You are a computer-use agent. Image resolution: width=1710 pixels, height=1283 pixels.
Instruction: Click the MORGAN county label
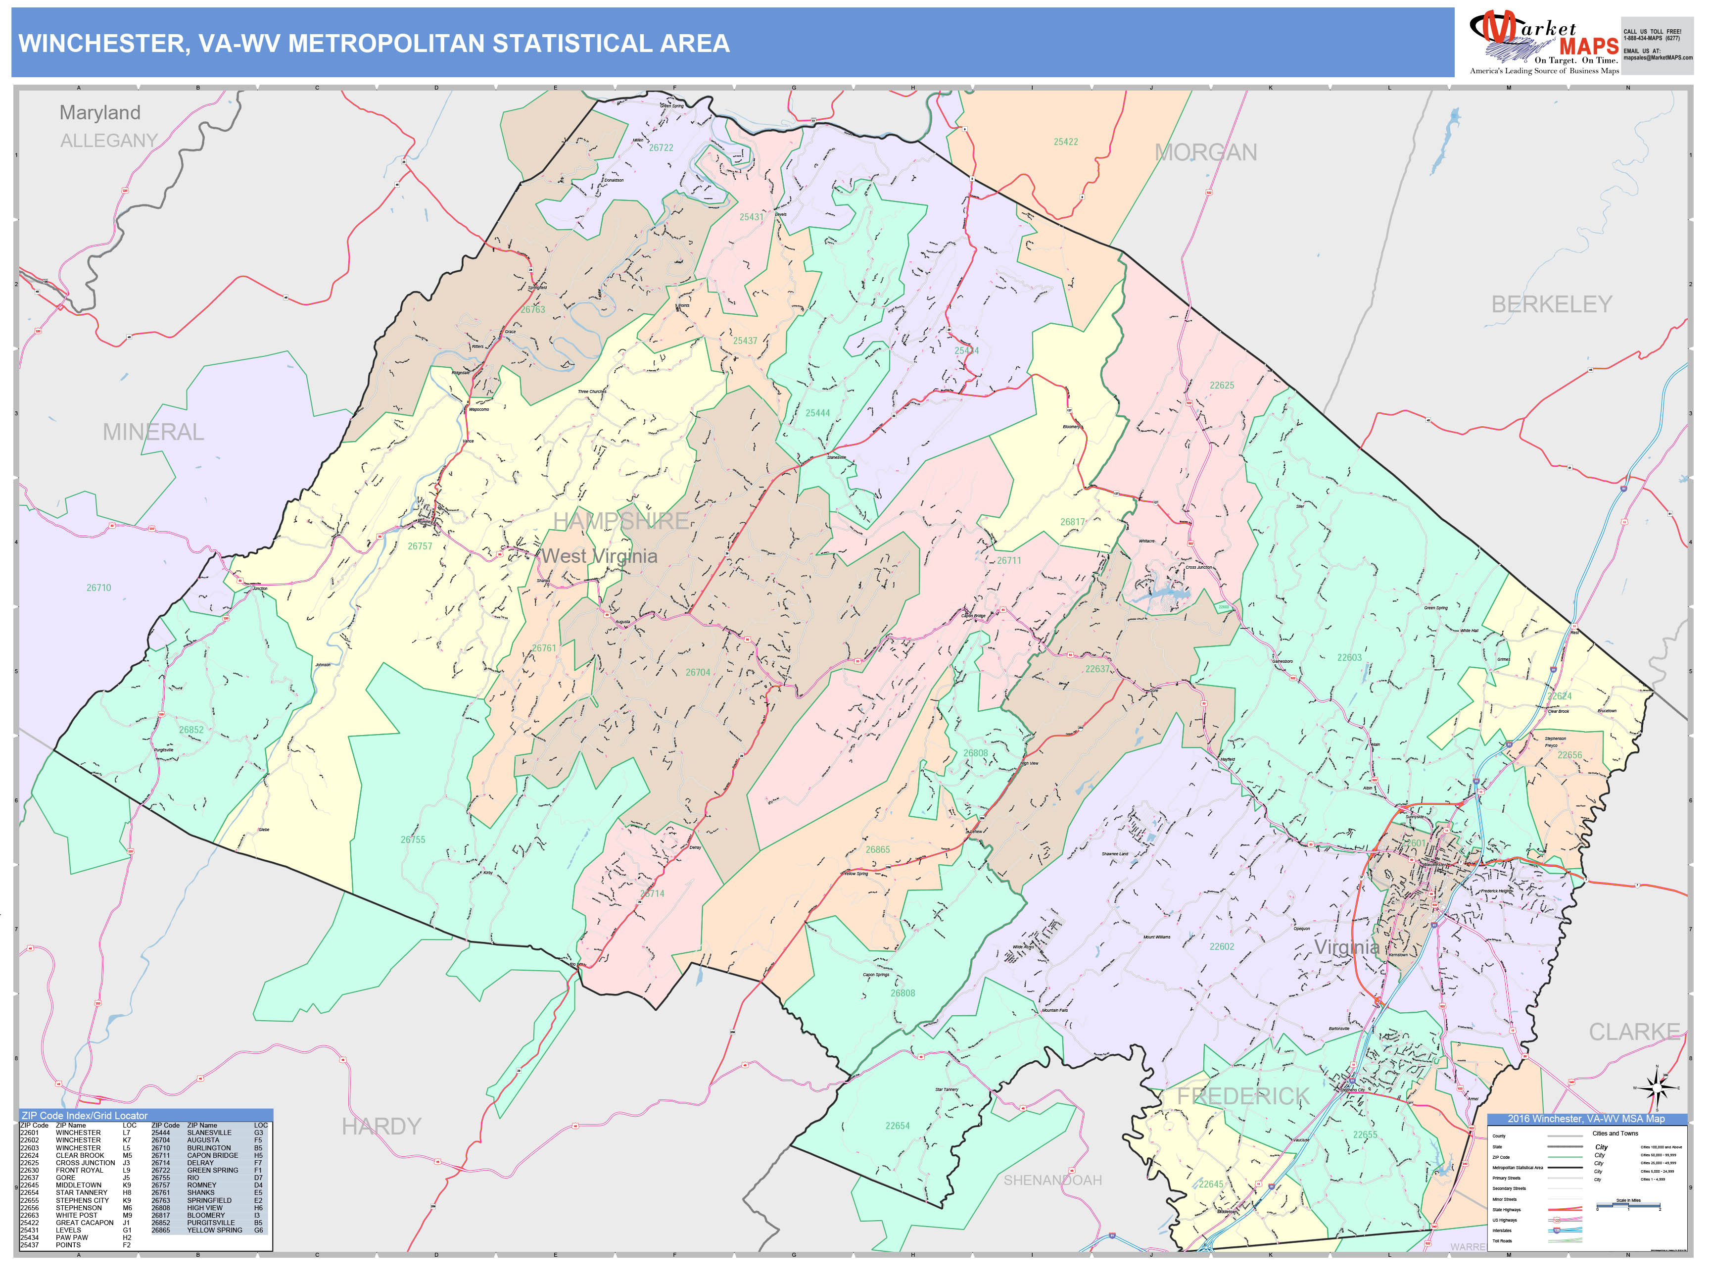[x=1205, y=152]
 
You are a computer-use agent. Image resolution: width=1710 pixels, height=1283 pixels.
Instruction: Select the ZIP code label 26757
[x=420, y=546]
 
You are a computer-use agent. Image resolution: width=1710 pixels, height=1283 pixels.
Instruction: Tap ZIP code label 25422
[x=1065, y=142]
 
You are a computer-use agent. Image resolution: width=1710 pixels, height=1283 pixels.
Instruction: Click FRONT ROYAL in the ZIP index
[x=79, y=1170]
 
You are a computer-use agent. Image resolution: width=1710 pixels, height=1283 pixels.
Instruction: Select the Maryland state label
[x=100, y=113]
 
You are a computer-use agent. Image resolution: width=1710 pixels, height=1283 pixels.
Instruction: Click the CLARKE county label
[x=1633, y=1032]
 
